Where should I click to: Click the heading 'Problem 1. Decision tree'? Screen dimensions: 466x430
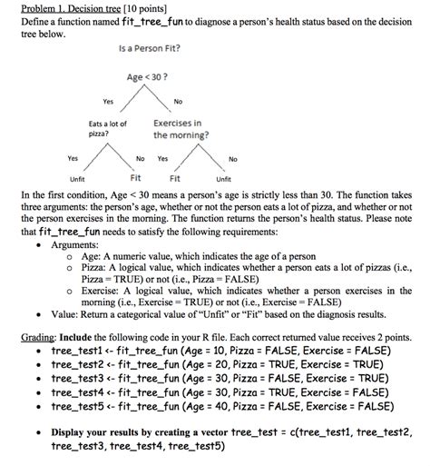click(60, 9)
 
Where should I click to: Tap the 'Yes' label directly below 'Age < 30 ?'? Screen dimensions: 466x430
click(108, 101)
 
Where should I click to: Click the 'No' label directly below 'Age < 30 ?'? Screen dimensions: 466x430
click(178, 101)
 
